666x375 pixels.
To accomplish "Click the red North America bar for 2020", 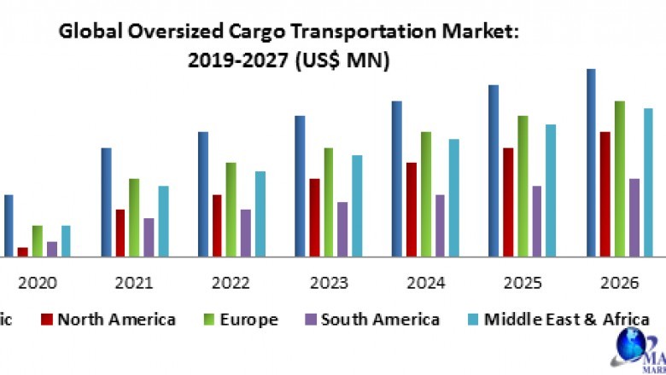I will [22, 251].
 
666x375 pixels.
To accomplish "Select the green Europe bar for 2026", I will [619, 178].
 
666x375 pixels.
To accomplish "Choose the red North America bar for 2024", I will [412, 209].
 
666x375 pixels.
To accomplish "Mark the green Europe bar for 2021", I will [134, 216].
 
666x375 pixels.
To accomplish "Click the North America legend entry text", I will [116, 320].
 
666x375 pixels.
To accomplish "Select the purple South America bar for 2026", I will [634, 216].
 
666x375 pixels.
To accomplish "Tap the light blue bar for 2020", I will [66, 240].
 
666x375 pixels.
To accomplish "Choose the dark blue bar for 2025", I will [494, 170].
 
